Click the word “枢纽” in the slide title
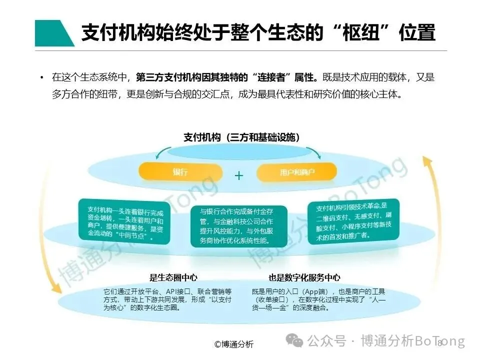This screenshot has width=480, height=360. point(359,33)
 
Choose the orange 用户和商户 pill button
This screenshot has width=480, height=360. point(296,172)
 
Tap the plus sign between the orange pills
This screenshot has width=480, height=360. point(239,175)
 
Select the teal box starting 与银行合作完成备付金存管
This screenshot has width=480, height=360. point(239,225)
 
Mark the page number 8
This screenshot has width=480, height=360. point(439,343)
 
